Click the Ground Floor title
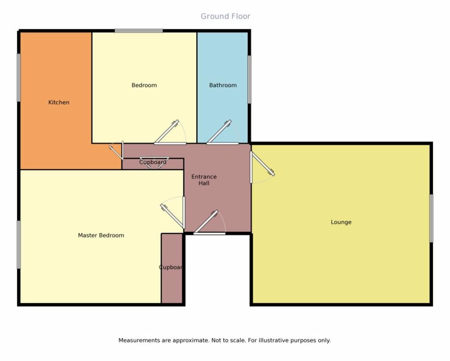coord(225,16)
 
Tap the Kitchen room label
coord(59,102)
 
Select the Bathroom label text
coord(223,85)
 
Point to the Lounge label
coord(341,222)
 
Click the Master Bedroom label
coord(101,236)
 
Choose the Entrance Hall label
coord(204,180)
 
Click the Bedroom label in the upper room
coord(144,85)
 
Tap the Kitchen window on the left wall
coord(18,77)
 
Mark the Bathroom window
coord(250,80)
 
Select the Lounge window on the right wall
coord(431,218)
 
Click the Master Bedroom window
coord(18,244)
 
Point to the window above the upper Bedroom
coord(139,31)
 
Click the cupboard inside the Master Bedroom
coord(172,268)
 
